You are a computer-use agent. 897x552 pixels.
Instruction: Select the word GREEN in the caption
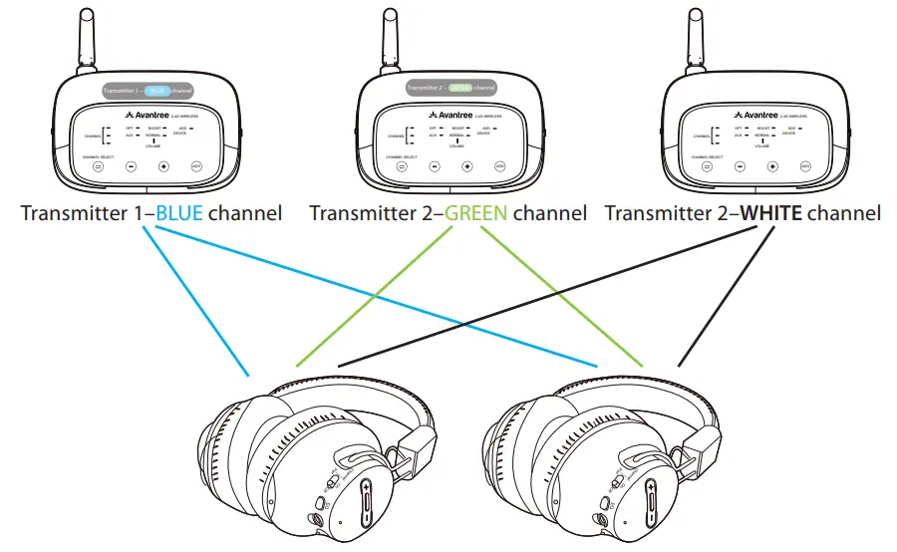(477, 213)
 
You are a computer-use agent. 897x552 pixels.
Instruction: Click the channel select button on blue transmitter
(98, 166)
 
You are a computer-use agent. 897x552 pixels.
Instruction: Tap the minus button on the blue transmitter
(131, 166)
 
